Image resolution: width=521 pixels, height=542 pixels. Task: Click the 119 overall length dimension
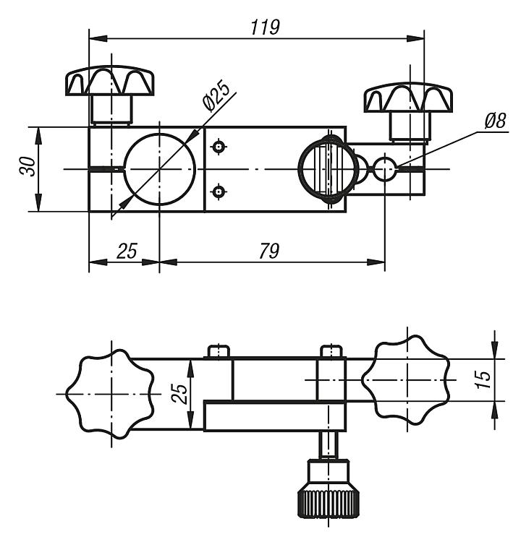tap(264, 27)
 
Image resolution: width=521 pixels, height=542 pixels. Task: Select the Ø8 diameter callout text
tap(494, 121)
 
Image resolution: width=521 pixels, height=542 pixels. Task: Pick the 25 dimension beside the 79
tap(126, 251)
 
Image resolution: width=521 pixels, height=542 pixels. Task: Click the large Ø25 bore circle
tap(161, 168)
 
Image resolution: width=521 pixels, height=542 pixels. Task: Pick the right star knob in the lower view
tap(407, 377)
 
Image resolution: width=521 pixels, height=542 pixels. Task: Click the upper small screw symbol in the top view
tap(218, 147)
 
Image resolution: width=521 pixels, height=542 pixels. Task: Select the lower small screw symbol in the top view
tap(218, 192)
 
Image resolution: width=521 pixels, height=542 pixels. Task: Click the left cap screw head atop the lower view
tap(218, 351)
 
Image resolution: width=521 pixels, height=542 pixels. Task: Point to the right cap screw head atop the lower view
tap(331, 351)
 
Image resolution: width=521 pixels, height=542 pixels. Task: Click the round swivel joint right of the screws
tap(329, 168)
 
